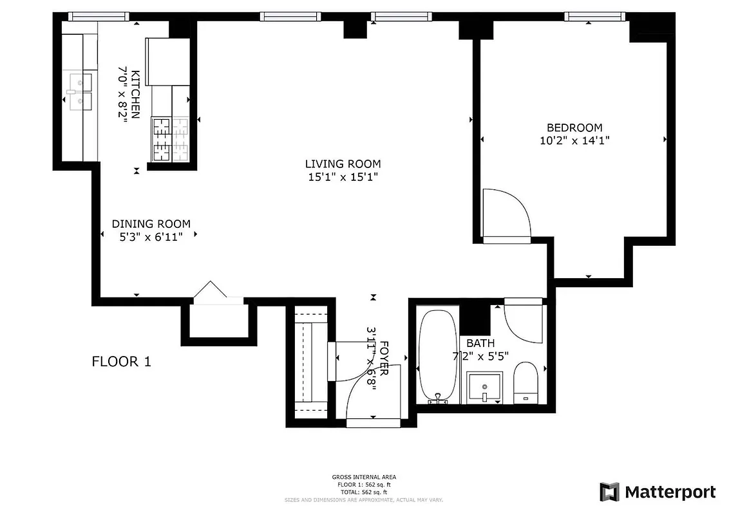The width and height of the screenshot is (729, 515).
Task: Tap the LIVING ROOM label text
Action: click(x=343, y=164)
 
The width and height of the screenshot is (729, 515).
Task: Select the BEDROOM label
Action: click(x=574, y=127)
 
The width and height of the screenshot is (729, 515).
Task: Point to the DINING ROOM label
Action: click(x=151, y=224)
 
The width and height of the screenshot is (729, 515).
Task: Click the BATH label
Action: click(x=480, y=343)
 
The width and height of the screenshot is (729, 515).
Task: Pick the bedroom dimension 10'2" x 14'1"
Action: click(x=574, y=140)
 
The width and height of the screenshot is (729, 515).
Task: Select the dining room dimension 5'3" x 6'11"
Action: click(x=151, y=237)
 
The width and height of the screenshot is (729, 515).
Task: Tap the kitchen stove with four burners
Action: click(x=171, y=139)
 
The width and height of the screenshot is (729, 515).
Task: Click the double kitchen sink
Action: click(x=81, y=92)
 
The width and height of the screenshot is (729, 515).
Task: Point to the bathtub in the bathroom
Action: click(x=439, y=357)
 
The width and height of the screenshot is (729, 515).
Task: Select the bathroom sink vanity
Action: click(x=485, y=388)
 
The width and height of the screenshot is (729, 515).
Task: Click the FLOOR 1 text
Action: click(x=122, y=361)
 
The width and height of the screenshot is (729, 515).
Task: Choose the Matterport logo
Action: click(x=658, y=492)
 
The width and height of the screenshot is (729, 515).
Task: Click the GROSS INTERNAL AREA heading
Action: click(x=364, y=477)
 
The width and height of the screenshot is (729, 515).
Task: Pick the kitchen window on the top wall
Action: click(x=99, y=16)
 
